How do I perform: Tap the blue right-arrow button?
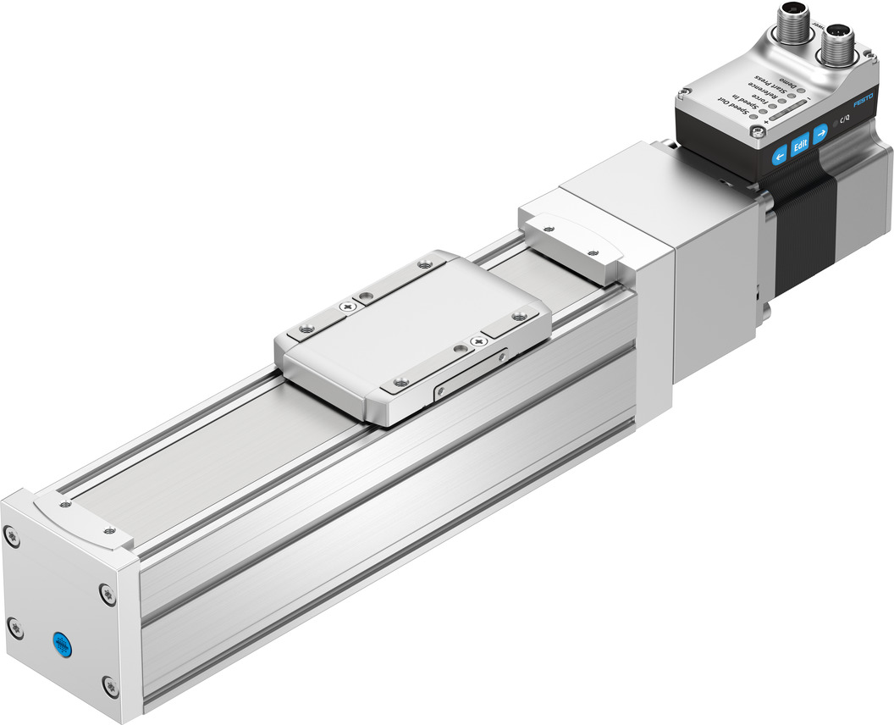click(820, 135)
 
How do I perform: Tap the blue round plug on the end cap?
click(61, 646)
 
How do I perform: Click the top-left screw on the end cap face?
click(11, 535)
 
